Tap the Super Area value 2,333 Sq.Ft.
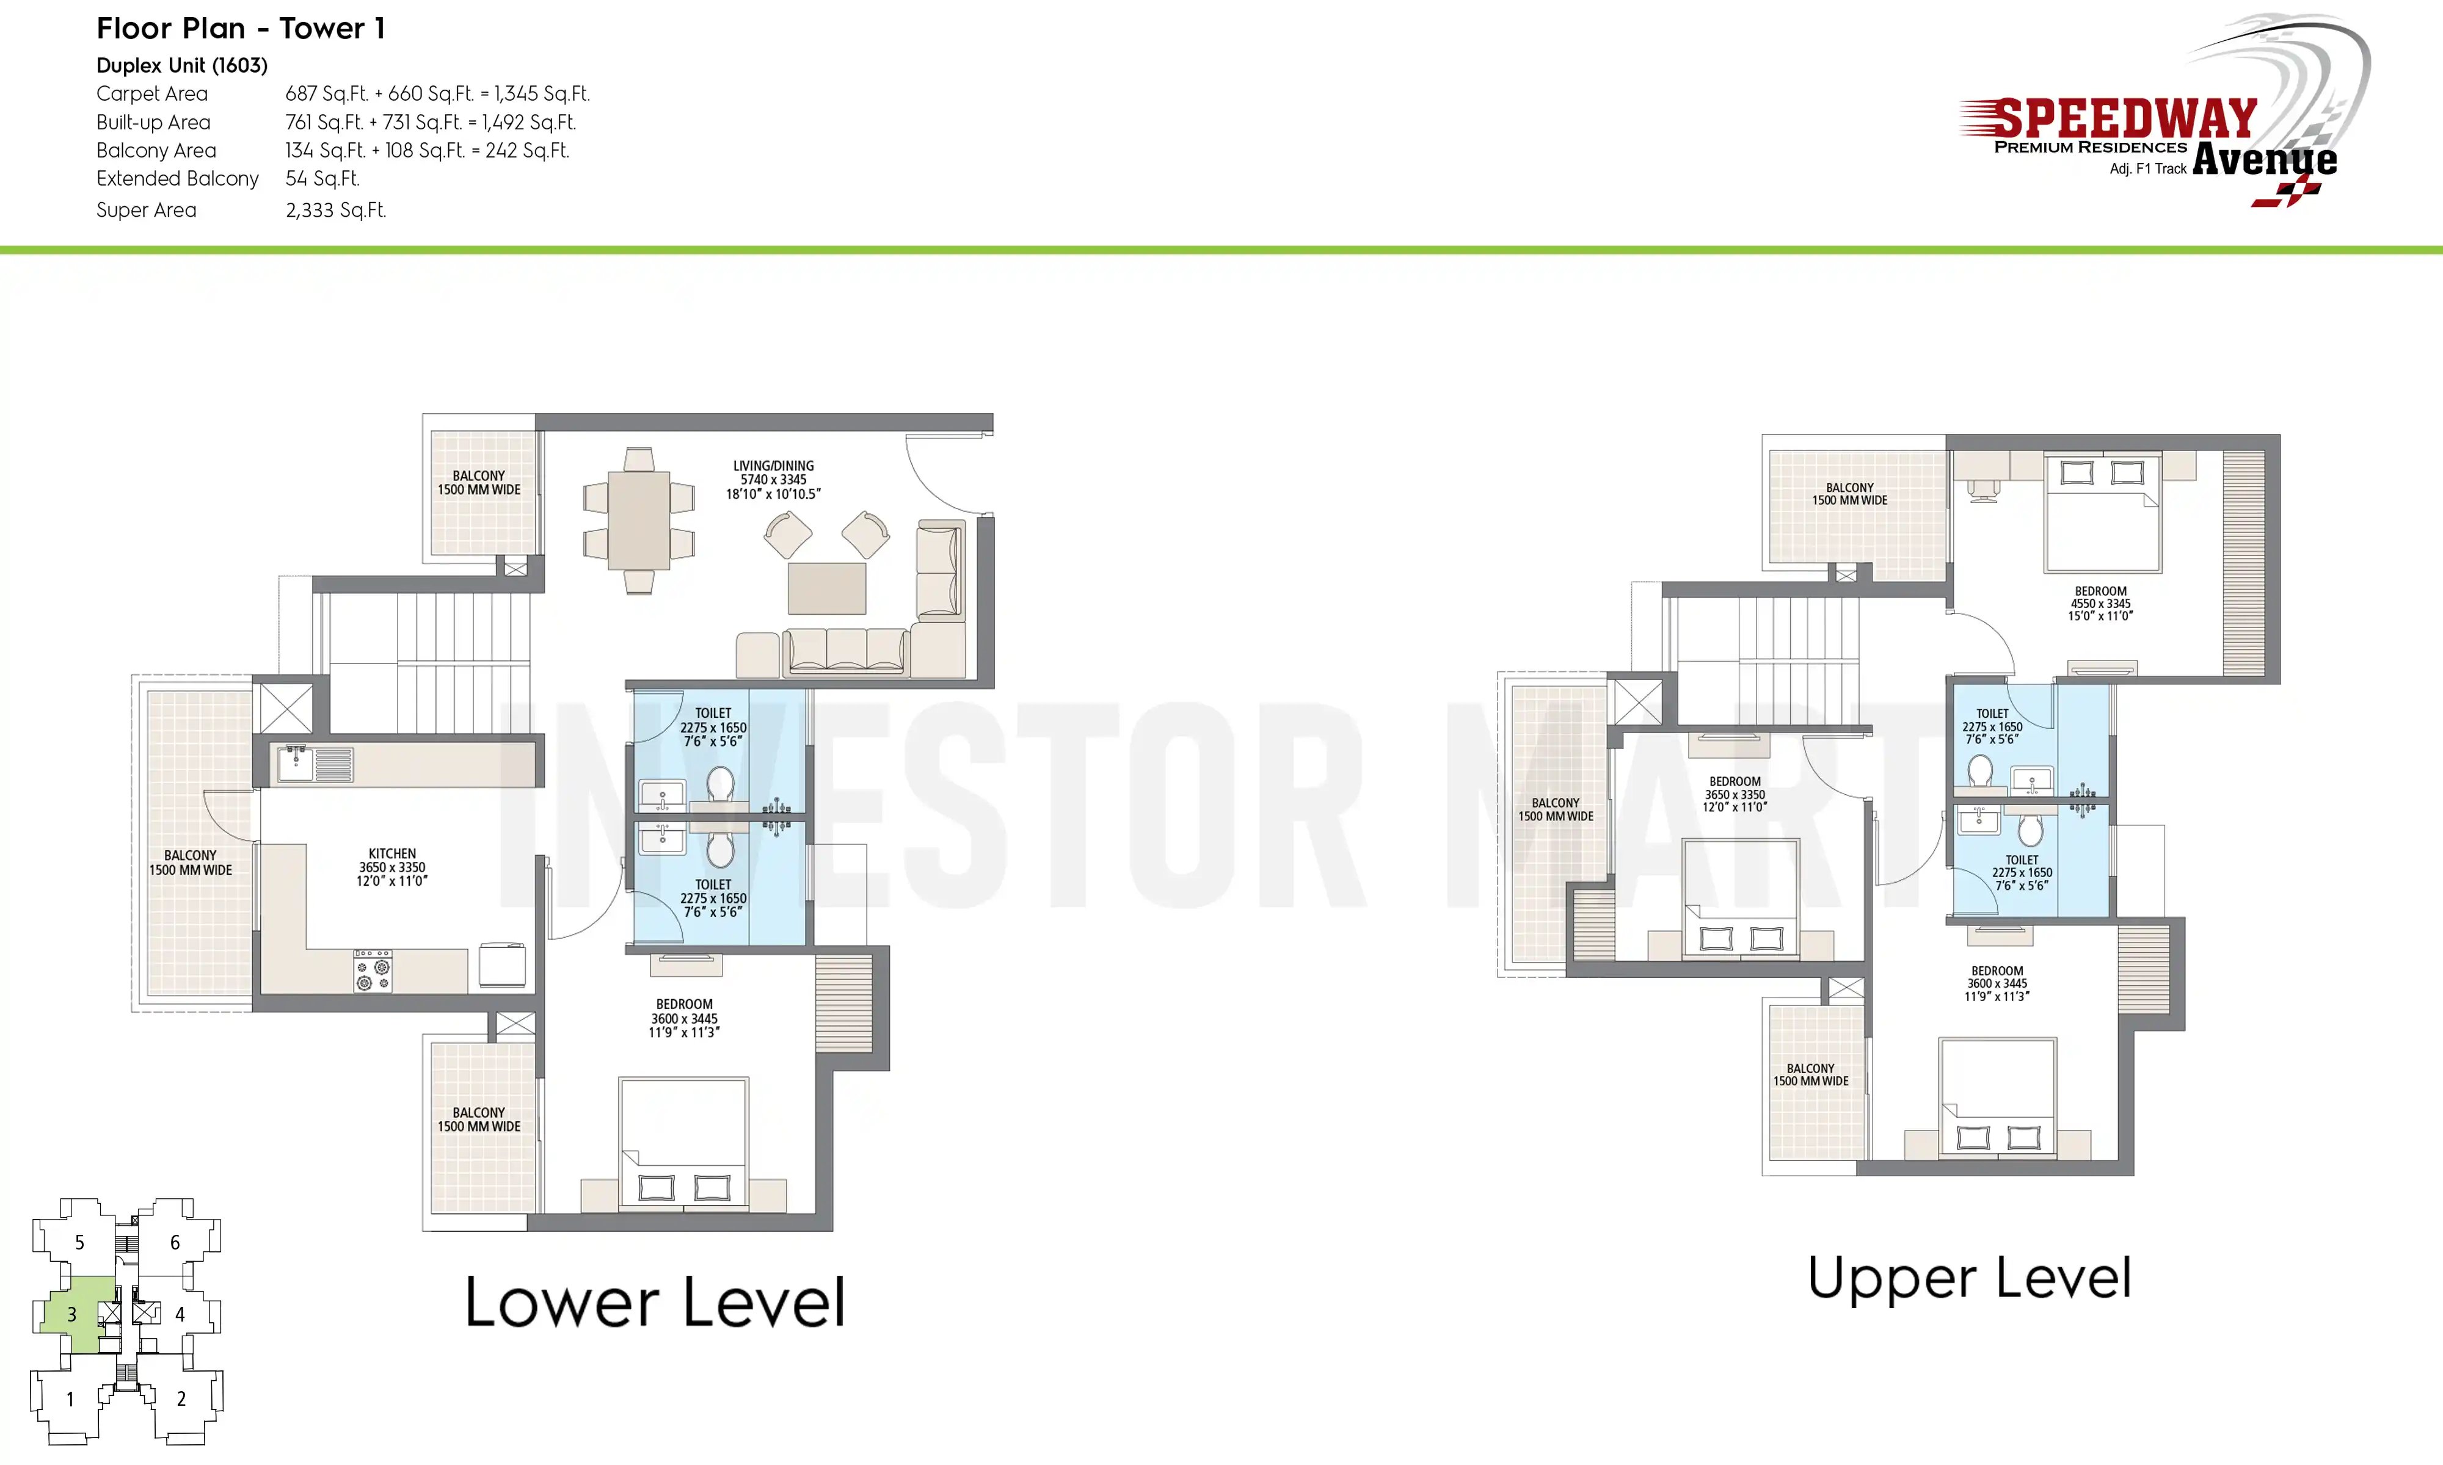(336, 210)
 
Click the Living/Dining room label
(773, 480)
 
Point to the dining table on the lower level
(639, 520)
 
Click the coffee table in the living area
(826, 588)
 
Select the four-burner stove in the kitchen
(373, 971)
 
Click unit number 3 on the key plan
(71, 1314)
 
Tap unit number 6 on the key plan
(175, 1242)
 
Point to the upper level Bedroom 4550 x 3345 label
(2100, 603)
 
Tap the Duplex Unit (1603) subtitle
(181, 65)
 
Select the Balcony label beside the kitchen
(191, 863)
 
